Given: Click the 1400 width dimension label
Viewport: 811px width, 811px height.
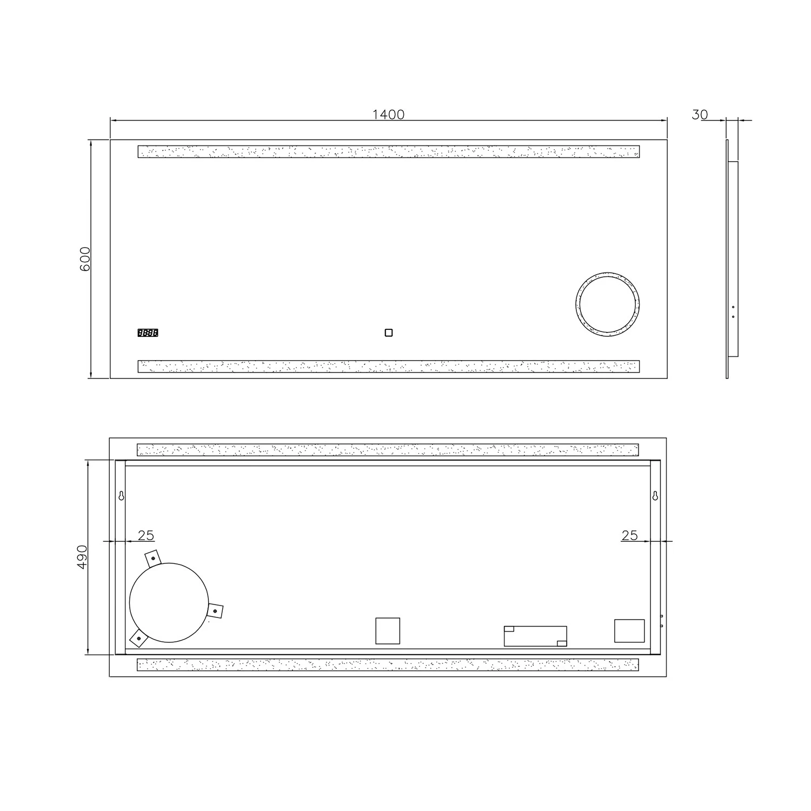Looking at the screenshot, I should pyautogui.click(x=388, y=115).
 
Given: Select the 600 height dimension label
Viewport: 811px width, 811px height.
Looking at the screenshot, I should pyautogui.click(x=85, y=258).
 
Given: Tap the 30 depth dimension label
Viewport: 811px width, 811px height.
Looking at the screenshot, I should pyautogui.click(x=700, y=115).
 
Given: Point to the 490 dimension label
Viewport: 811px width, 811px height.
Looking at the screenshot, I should pyautogui.click(x=82, y=556).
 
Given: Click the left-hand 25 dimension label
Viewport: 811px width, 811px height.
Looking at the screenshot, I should pyautogui.click(x=146, y=535).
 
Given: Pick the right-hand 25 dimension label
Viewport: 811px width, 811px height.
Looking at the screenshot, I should pyautogui.click(x=629, y=535).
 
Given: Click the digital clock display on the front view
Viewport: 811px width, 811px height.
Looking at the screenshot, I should pyautogui.click(x=148, y=333).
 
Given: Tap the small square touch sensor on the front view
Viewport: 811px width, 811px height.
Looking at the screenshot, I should pyautogui.click(x=388, y=333).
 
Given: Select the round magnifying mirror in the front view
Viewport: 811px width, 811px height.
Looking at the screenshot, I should pyautogui.click(x=607, y=304).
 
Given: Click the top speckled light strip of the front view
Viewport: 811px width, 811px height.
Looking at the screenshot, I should pyautogui.click(x=388, y=151).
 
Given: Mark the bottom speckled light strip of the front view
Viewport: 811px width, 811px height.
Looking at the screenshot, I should pyautogui.click(x=388, y=367).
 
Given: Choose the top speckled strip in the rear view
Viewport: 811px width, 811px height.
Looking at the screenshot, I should pyautogui.click(x=388, y=450).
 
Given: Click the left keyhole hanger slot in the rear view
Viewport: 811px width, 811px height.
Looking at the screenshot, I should pyautogui.click(x=121, y=496).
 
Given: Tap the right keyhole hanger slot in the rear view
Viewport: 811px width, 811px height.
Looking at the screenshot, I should pyautogui.click(x=655, y=496).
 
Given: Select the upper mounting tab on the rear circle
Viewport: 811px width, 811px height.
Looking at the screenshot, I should pyautogui.click(x=153, y=559).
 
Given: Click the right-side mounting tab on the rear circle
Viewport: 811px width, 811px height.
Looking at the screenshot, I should pyautogui.click(x=216, y=611).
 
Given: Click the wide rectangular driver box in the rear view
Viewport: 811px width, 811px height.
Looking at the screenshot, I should pyautogui.click(x=535, y=636).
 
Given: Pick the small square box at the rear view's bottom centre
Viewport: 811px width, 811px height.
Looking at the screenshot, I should pyautogui.click(x=388, y=631).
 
